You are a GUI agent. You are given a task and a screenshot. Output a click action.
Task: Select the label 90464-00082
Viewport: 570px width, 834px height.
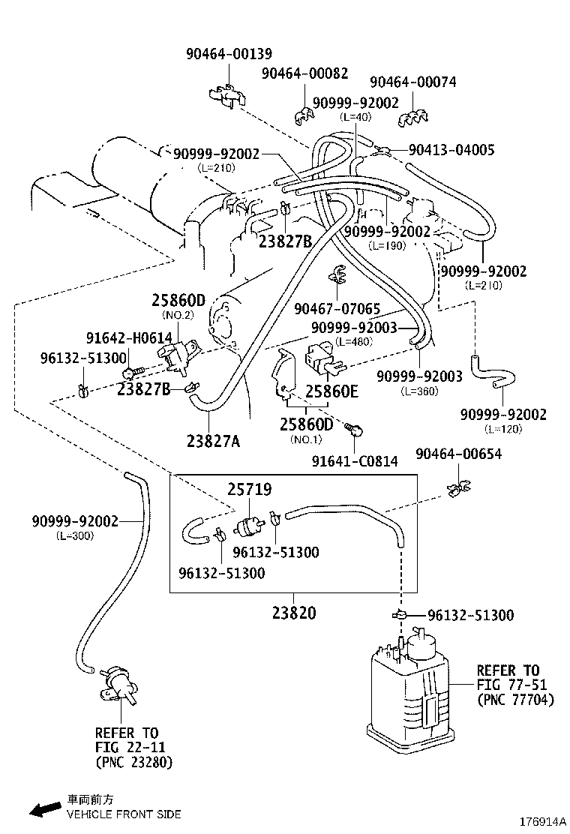coord(304,73)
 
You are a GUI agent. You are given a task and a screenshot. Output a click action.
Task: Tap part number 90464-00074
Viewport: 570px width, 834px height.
coord(412,82)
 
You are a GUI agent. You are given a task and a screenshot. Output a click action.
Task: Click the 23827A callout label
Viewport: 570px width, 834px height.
coord(213,441)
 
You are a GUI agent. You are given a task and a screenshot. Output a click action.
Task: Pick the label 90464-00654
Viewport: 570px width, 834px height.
coord(458,454)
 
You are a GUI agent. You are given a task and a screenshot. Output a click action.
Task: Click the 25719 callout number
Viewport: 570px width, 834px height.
coord(250,490)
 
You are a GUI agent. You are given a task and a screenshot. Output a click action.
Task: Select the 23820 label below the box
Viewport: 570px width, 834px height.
coord(293,613)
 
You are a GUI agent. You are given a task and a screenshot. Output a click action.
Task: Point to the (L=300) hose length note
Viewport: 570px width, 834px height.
coord(74,535)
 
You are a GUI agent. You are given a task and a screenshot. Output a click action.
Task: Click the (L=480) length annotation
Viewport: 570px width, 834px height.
coord(355,341)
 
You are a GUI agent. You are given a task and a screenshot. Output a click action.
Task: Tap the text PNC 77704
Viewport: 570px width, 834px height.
coord(514,700)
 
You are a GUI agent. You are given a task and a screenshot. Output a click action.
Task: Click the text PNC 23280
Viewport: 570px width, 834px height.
coord(133,762)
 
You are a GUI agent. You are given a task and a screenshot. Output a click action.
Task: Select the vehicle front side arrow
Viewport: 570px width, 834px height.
coord(45,809)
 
